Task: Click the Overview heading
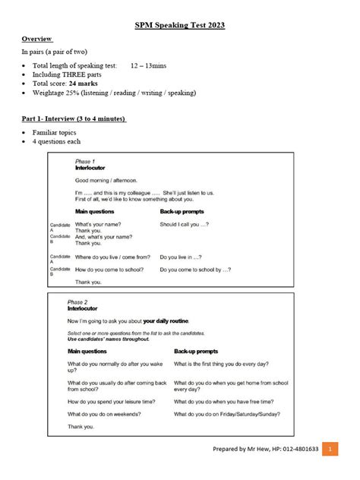tap(36, 38)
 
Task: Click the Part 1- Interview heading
tap(74, 118)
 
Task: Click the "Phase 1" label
tap(85, 162)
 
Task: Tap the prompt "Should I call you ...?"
tap(185, 225)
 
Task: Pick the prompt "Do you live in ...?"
tap(181, 257)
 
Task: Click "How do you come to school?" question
tap(111, 269)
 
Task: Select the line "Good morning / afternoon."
tap(106, 181)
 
